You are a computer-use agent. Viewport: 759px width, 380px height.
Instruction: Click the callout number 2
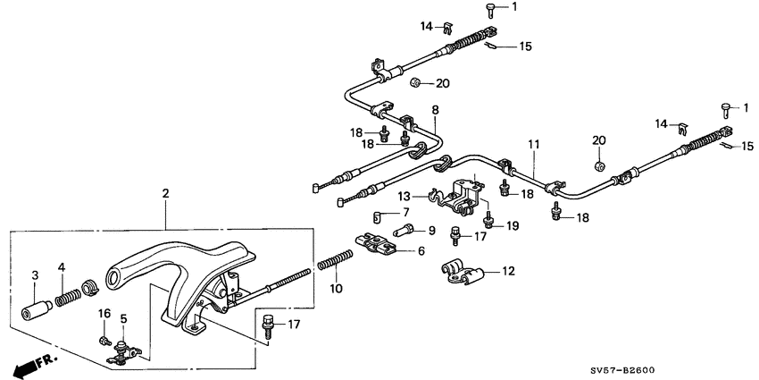coord(165,193)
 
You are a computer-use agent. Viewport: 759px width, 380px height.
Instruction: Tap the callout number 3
coord(35,274)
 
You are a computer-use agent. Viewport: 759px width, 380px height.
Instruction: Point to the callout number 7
coord(405,213)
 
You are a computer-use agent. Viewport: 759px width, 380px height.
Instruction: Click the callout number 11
coord(532,144)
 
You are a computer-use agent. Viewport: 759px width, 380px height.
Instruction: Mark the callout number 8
coord(435,110)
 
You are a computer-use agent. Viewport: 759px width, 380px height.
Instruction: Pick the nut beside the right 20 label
coord(599,166)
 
